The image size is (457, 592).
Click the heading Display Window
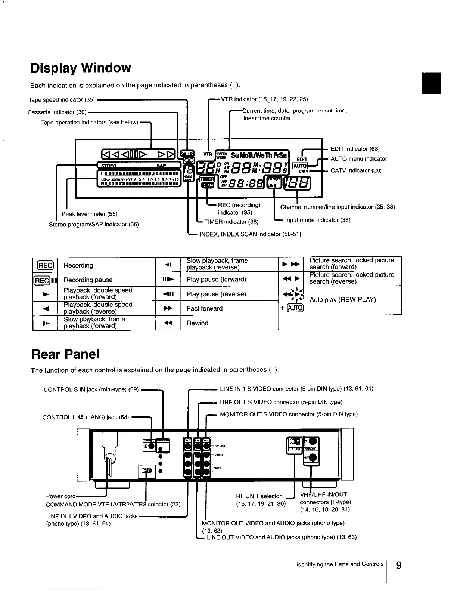(81, 68)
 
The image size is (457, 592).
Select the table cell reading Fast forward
(205, 309)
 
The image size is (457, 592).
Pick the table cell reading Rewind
(197, 323)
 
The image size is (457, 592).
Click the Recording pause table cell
(88, 280)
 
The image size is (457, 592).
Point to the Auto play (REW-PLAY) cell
(342, 300)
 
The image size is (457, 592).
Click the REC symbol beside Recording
(45, 265)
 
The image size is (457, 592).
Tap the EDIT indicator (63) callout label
(355, 149)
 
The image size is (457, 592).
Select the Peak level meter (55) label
(90, 214)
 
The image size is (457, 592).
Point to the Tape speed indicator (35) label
(62, 100)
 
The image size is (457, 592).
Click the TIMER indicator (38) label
(231, 222)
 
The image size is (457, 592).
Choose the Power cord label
(60, 496)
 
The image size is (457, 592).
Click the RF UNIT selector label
(259, 496)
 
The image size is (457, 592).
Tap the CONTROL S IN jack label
(91, 390)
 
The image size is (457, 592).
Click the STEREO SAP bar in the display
(138, 166)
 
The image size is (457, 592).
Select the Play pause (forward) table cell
(216, 280)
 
